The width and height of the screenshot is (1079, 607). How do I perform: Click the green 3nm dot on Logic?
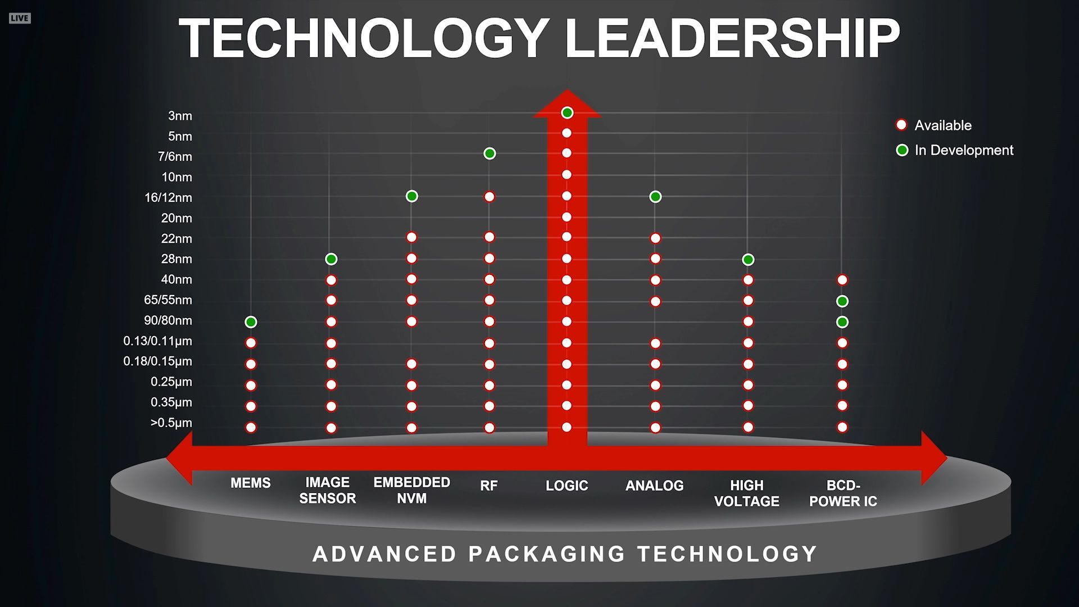[x=567, y=113]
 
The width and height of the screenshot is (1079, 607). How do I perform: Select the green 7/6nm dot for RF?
[x=489, y=153]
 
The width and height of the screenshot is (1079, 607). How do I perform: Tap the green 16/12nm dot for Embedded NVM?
[x=412, y=196]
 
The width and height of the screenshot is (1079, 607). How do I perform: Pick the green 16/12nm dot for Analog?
[x=655, y=197]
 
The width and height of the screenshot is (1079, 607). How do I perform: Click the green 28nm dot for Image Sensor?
[x=331, y=259]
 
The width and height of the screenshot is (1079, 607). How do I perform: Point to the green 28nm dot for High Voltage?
[x=748, y=260]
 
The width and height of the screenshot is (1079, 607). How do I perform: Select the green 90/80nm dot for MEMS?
[x=251, y=322]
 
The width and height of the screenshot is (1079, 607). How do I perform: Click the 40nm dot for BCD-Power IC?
[x=842, y=280]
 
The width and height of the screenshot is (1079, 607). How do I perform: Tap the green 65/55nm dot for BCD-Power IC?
[x=842, y=301]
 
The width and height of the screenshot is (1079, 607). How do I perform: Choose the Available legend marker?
[x=901, y=125]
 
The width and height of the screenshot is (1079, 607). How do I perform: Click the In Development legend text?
[x=964, y=150]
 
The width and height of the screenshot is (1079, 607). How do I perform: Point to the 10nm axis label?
[x=176, y=177]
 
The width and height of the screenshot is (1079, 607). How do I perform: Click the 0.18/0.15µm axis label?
[x=157, y=361]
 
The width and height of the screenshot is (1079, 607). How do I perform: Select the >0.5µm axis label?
[x=171, y=423]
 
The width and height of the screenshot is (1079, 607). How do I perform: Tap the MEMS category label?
[x=251, y=483]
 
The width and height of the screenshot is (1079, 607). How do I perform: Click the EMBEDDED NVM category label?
[x=412, y=490]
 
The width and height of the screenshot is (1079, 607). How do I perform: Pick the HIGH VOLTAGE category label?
[x=747, y=493]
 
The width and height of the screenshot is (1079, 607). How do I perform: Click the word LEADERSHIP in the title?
[x=732, y=38]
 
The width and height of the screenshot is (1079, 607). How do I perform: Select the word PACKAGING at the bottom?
[x=546, y=554]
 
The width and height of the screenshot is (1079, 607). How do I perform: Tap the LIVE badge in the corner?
[x=19, y=18]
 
